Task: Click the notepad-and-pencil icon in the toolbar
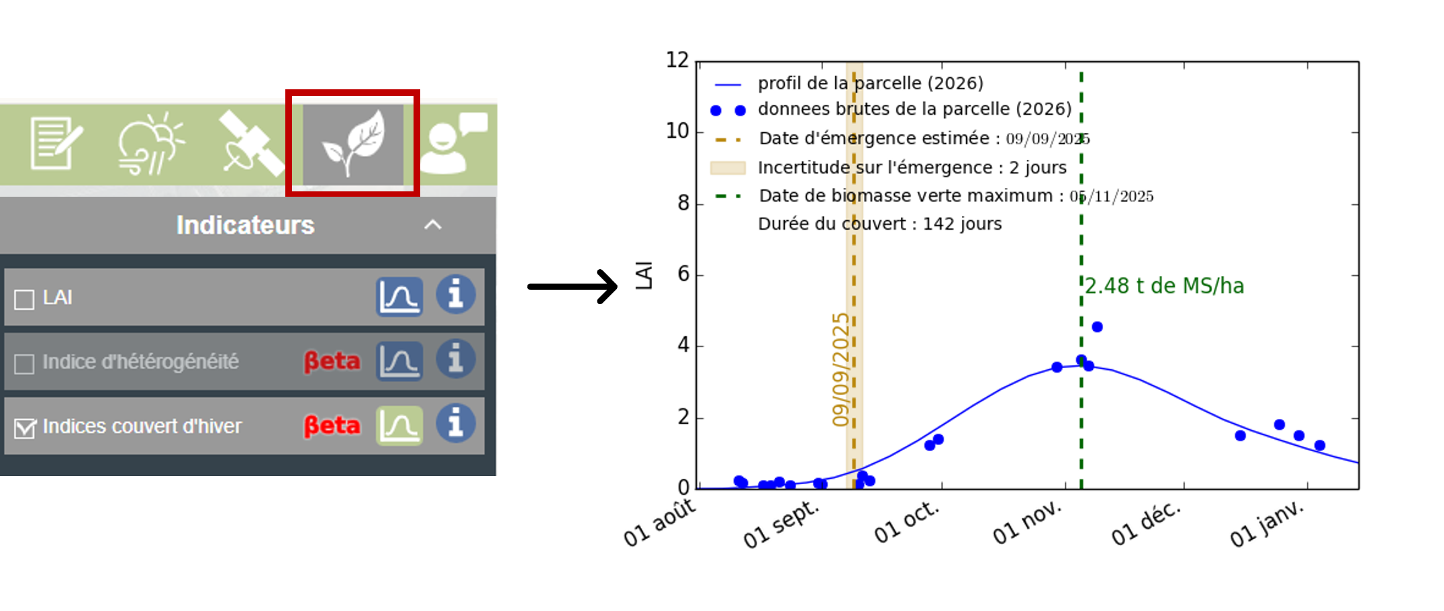pyautogui.click(x=56, y=143)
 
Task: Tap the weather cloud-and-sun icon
pyautogui.click(x=150, y=143)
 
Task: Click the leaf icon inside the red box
pyautogui.click(x=353, y=143)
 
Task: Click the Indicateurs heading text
pyautogui.click(x=245, y=225)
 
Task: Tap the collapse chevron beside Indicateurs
pyautogui.click(x=433, y=225)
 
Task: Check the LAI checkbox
pyautogui.click(x=25, y=299)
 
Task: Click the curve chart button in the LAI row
pyautogui.click(x=399, y=296)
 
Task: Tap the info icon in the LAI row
pyautogui.click(x=456, y=295)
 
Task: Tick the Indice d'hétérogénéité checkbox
pyautogui.click(x=25, y=364)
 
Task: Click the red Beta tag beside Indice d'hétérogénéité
pyautogui.click(x=332, y=361)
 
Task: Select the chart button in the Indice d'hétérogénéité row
pyautogui.click(x=399, y=361)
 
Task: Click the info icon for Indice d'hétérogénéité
pyautogui.click(x=456, y=359)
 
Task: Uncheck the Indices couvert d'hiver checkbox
pyautogui.click(x=25, y=428)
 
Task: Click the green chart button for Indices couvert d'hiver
pyautogui.click(x=399, y=426)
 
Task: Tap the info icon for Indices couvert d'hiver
pyautogui.click(x=456, y=424)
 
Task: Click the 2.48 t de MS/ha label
pyautogui.click(x=1165, y=286)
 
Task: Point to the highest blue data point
pyautogui.click(x=1097, y=327)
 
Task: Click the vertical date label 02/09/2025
pyautogui.click(x=839, y=369)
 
